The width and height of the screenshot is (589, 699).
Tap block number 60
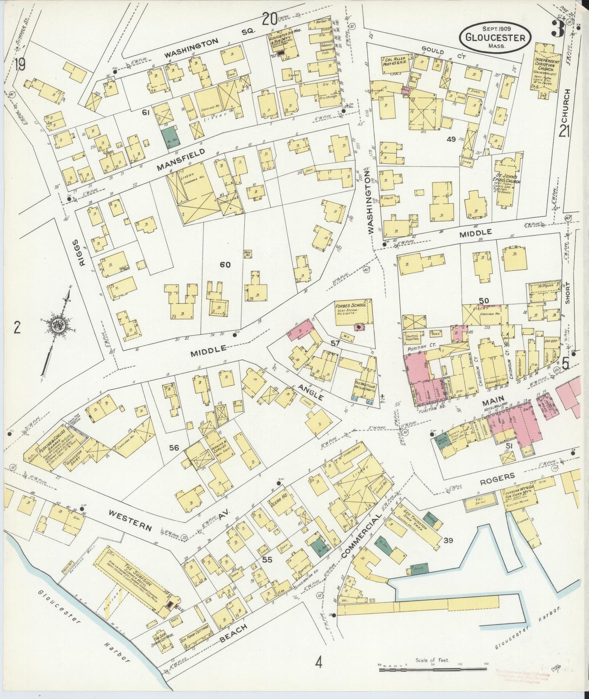(225, 265)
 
